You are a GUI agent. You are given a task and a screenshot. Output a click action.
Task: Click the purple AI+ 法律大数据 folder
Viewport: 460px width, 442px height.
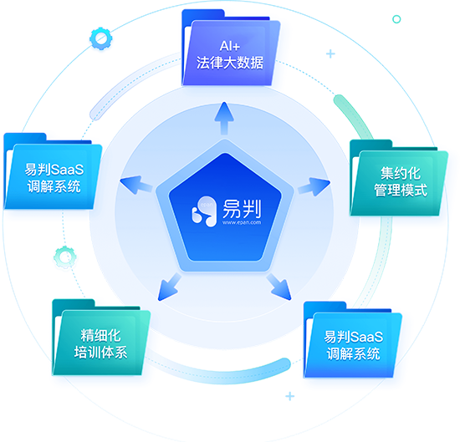coord(230,48)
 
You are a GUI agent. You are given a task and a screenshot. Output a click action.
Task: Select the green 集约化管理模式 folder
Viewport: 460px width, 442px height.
coord(399,178)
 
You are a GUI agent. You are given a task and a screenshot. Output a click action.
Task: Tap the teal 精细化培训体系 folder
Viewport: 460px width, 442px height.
coord(101,337)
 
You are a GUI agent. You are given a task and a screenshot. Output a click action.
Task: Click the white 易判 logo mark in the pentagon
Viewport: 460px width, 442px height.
coord(203,211)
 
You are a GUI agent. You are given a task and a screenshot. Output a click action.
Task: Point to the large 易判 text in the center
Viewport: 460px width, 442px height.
coord(242,208)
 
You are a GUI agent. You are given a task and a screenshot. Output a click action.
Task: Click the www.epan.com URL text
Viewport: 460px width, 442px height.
coord(242,222)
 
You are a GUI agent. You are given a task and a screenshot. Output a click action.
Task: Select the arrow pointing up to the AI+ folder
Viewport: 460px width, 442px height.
coord(224,118)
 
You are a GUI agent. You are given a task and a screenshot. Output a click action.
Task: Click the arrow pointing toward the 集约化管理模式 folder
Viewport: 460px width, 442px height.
coord(314,186)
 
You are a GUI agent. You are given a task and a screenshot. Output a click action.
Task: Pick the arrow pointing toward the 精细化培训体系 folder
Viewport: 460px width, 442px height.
coord(169,287)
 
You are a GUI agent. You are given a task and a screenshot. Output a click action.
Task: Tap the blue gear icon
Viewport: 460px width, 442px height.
coord(100,38)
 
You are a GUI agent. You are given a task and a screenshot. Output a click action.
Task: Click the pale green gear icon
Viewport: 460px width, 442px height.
coord(65,257)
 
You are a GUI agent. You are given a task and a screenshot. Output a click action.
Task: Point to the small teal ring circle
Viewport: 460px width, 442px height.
coord(396,19)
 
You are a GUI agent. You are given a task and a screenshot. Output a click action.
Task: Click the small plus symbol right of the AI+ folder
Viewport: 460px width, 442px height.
coord(330,54)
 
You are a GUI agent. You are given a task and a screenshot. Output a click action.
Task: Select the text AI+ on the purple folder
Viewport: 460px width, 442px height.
coord(230,46)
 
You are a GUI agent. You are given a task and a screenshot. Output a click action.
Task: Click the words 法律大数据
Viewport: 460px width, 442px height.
coord(230,63)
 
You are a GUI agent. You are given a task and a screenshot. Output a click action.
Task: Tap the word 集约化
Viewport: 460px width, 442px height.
coord(400,173)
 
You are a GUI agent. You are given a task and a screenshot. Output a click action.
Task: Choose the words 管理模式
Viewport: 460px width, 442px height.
coord(400,190)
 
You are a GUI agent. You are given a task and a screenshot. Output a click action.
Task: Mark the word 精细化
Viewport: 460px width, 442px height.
coord(100,336)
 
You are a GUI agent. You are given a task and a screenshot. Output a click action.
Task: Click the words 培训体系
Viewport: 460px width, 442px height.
coord(100,353)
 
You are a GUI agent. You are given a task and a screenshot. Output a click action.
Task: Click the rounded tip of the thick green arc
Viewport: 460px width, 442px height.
coord(339,99)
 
